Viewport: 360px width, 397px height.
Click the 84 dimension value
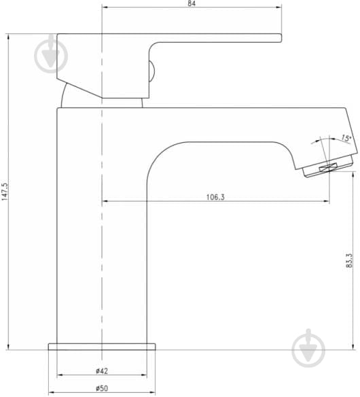click(192, 3)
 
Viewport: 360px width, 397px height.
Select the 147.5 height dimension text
click(5, 192)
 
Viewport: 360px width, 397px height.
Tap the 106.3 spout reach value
click(215, 197)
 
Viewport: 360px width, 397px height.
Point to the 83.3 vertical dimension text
click(349, 260)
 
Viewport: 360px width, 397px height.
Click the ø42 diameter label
click(102, 371)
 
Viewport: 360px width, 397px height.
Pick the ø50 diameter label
click(102, 388)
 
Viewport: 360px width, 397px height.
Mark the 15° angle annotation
click(346, 138)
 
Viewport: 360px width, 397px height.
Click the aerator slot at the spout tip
click(328, 167)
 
